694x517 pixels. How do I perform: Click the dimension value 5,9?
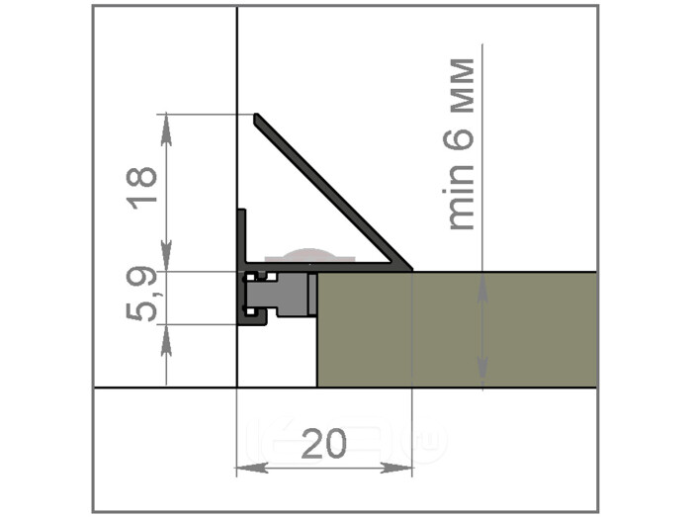point(141,293)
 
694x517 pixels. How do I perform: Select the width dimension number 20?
point(324,444)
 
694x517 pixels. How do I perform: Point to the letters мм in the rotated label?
point(462,85)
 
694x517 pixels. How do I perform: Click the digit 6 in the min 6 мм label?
point(459,137)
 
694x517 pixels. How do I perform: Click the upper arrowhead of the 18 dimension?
point(166,129)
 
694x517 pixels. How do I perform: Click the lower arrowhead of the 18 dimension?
point(166,254)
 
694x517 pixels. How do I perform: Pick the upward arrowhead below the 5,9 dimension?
point(166,340)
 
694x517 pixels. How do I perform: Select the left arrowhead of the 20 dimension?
point(252,467)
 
